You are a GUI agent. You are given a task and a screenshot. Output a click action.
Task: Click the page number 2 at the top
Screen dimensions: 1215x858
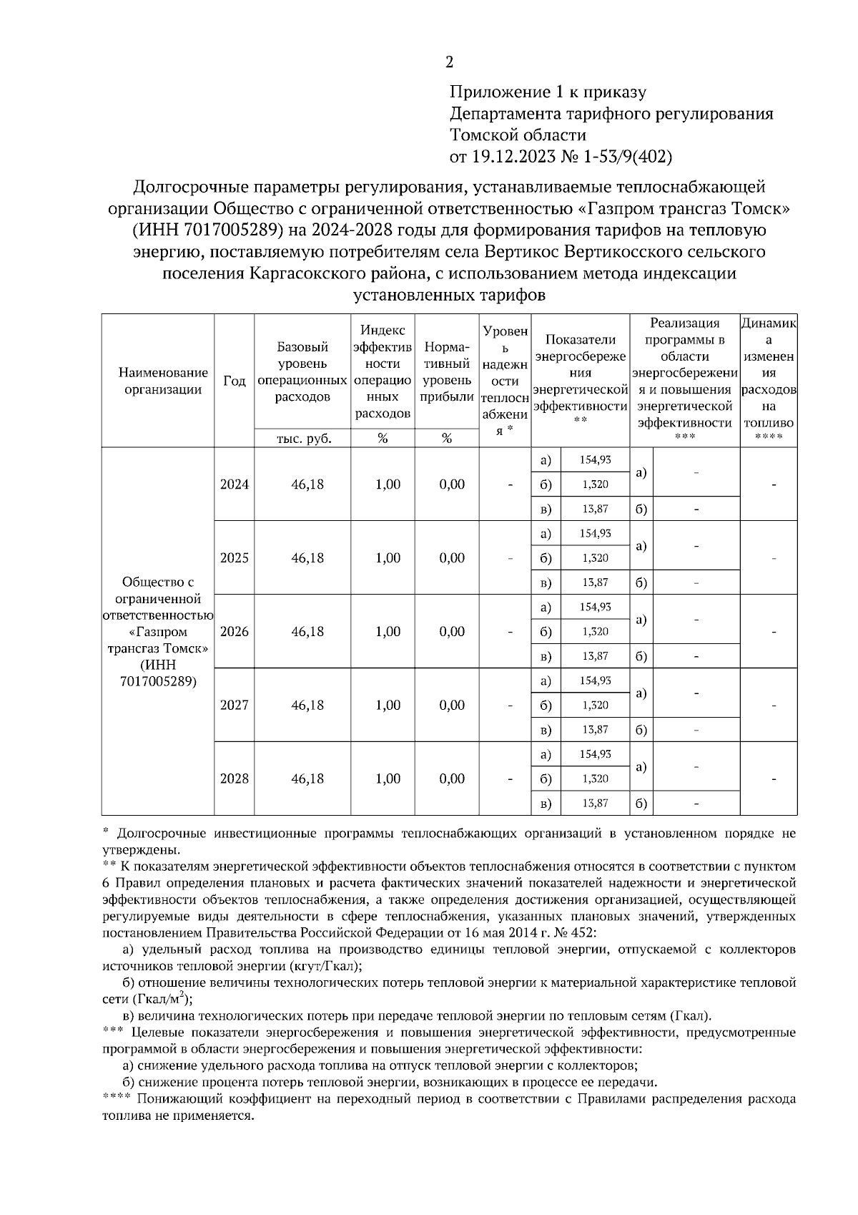tap(449, 62)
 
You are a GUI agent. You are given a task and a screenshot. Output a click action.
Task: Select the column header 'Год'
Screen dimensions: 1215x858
tap(235, 381)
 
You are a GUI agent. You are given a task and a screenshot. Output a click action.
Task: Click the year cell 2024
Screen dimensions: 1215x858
tap(235, 484)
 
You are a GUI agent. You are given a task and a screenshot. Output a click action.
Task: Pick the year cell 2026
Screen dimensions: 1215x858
tap(235, 632)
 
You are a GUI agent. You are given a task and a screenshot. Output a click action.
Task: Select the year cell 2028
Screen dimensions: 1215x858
tap(235, 779)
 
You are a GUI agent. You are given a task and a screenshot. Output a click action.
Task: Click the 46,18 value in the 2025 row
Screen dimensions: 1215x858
tap(307, 558)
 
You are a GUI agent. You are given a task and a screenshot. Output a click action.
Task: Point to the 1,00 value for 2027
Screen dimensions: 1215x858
tap(388, 706)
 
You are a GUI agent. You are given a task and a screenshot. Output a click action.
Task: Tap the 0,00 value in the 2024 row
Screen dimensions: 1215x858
tap(452, 484)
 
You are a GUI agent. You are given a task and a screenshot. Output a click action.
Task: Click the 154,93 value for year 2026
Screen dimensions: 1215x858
tap(595, 607)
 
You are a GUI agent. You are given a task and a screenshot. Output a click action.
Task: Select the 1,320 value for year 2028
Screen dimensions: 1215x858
tap(595, 779)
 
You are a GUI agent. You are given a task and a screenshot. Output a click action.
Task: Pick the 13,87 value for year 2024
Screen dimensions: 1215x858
tap(595, 509)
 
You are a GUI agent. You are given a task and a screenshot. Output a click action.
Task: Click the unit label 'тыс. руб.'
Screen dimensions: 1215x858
tap(304, 439)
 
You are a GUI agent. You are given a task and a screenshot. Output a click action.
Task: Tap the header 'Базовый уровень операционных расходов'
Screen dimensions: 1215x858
tap(302, 372)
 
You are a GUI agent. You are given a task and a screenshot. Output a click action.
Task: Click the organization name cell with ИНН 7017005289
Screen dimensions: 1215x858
tap(158, 632)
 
